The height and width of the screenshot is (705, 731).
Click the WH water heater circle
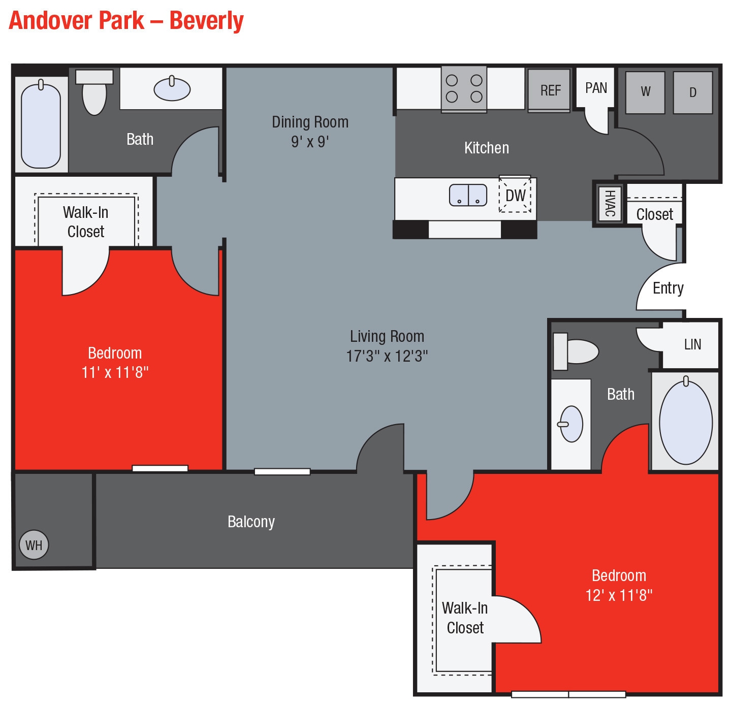(x=34, y=545)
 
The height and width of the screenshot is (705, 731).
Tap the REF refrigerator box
(x=550, y=90)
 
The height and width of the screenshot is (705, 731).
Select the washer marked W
(x=645, y=92)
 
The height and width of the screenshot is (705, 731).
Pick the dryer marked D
(x=692, y=92)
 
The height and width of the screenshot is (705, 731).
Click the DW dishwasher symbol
(x=515, y=195)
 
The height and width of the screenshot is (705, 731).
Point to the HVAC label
(x=609, y=203)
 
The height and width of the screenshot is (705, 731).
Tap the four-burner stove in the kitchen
(x=464, y=88)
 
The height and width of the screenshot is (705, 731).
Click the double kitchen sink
(x=468, y=195)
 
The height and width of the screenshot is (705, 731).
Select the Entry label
(x=668, y=288)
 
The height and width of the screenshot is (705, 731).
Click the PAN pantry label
(x=596, y=88)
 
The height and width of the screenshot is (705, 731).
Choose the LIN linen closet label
(x=692, y=344)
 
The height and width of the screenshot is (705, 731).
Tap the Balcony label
(x=251, y=522)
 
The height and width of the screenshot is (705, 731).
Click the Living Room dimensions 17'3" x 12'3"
(x=387, y=356)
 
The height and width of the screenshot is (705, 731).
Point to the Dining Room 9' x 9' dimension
(x=310, y=142)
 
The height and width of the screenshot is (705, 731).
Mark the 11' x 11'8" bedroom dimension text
(x=115, y=372)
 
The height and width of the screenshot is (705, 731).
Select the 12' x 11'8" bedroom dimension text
(x=619, y=595)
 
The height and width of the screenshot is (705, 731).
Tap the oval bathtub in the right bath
(x=685, y=422)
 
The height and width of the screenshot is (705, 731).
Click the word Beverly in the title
(x=206, y=21)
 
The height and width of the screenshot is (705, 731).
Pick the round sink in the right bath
(x=572, y=424)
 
